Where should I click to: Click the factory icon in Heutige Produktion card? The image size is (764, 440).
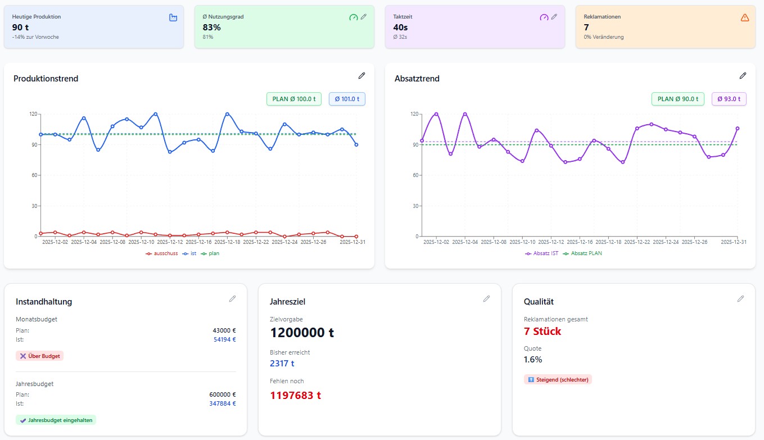click(x=173, y=17)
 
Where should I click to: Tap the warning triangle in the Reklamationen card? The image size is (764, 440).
click(x=745, y=17)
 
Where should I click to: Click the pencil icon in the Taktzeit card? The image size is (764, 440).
click(x=554, y=17)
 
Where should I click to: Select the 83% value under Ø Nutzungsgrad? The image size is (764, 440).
click(x=211, y=27)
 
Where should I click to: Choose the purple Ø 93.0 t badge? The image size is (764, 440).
click(x=729, y=99)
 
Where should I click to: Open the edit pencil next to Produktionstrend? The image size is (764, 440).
click(x=361, y=75)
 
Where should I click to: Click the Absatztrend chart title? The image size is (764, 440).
click(x=417, y=79)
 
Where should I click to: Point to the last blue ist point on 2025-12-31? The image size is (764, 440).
click(x=356, y=144)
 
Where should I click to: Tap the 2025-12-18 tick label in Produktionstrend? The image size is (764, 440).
click(x=227, y=242)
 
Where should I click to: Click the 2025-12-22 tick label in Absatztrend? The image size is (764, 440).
click(x=637, y=242)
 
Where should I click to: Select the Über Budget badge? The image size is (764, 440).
click(x=40, y=356)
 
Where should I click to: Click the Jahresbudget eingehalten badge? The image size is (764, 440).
click(x=56, y=420)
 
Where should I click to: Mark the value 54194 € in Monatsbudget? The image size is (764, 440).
click(x=224, y=339)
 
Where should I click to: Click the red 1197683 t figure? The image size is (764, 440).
click(x=295, y=395)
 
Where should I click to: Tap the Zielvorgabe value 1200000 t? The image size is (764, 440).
click(x=302, y=333)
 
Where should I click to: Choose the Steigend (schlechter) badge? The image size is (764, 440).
click(x=558, y=379)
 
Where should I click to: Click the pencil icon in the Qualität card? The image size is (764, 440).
click(x=740, y=299)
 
